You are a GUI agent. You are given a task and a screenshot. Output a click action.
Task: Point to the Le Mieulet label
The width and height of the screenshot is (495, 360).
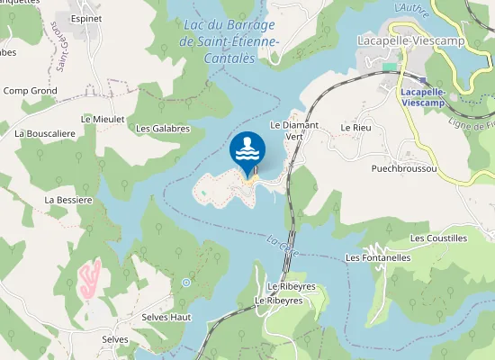click(101, 118)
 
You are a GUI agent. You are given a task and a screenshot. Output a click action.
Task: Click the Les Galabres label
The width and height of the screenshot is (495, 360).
click(162, 129)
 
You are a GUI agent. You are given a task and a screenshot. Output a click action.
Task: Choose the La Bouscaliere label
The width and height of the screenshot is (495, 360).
click(44, 132)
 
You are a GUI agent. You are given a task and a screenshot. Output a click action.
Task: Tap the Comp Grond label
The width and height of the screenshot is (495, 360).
click(31, 91)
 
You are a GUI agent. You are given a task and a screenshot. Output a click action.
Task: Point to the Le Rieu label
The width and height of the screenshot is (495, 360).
click(355, 129)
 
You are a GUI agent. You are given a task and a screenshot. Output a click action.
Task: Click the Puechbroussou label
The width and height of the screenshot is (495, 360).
click(404, 168)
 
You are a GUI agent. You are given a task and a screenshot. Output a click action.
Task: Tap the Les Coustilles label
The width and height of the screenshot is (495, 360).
click(438, 238)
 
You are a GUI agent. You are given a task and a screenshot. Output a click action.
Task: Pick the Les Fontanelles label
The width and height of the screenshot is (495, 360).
click(378, 257)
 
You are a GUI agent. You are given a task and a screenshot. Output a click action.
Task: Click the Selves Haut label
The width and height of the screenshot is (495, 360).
click(166, 318)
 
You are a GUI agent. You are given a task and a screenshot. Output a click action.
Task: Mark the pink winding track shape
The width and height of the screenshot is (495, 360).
click(89, 280)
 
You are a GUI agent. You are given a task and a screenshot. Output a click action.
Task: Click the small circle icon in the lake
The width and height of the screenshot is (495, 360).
click(186, 283)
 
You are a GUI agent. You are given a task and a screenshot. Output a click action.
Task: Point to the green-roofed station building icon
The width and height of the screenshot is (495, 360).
click(389, 66)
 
